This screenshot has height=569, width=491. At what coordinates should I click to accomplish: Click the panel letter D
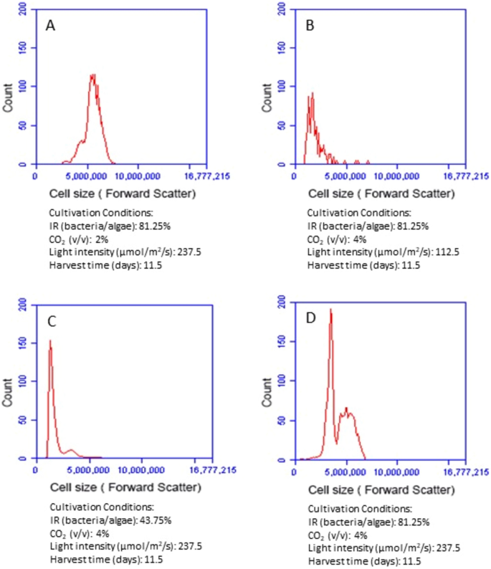pyautogui.click(x=310, y=320)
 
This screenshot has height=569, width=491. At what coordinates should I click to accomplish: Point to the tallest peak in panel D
pyautogui.click(x=330, y=310)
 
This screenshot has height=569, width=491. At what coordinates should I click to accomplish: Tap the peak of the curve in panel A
pyautogui.click(x=92, y=75)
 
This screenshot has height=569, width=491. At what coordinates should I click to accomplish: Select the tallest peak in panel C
pyautogui.click(x=50, y=340)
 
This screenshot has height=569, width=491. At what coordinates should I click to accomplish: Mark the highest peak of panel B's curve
pyautogui.click(x=312, y=93)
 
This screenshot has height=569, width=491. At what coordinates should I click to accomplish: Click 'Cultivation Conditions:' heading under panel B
pyautogui.click(x=358, y=213)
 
